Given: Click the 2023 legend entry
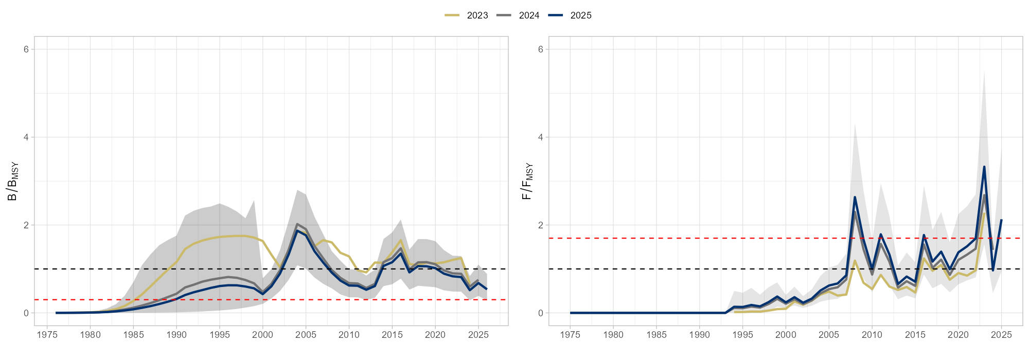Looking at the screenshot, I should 477,15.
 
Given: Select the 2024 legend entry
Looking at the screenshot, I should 529,15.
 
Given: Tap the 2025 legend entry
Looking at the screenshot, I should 581,15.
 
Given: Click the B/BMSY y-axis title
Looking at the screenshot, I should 12,181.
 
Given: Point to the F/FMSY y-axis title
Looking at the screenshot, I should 527,181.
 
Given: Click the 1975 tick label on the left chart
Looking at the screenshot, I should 47,335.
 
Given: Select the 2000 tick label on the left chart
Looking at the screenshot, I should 263,335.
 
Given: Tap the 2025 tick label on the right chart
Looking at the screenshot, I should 1001,335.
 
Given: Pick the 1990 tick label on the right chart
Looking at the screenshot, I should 699,335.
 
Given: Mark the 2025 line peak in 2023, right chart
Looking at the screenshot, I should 984,167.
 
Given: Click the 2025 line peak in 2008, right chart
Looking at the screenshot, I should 855,197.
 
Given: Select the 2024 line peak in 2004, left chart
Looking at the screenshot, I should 297,224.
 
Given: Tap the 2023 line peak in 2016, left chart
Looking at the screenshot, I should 401,240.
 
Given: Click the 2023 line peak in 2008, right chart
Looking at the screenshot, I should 855,261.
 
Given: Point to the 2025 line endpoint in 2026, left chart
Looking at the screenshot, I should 487,289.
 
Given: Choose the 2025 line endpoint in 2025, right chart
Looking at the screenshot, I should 1001,220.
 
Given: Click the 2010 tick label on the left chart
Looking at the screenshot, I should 349,335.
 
